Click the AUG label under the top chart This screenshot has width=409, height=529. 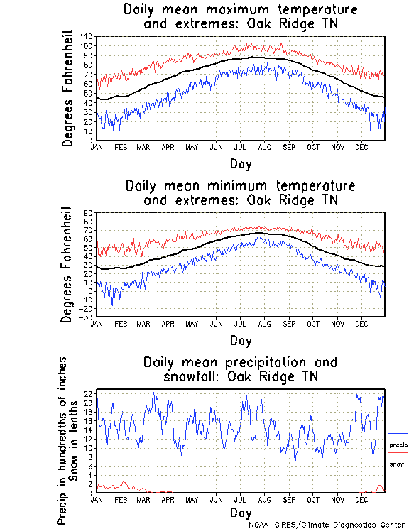coord(265,147)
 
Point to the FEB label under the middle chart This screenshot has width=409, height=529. coord(121,323)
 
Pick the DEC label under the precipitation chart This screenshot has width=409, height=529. coord(361,499)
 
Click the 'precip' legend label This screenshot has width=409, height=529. coord(398,445)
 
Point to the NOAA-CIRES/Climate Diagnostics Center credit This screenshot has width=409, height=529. coord(326,525)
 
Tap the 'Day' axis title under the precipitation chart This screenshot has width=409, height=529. coord(240,512)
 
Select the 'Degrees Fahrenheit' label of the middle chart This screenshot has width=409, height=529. coord(67,264)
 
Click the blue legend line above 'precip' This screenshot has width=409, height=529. coord(398,433)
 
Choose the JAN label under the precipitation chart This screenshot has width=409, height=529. coord(97,499)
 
